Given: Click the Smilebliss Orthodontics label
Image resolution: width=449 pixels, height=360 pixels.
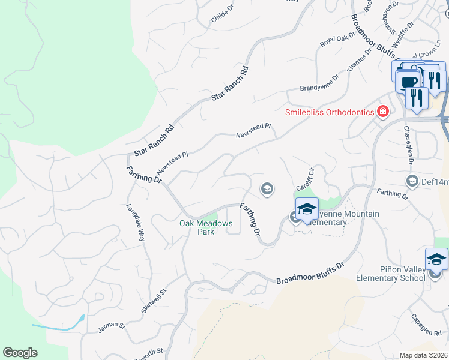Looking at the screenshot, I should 330,112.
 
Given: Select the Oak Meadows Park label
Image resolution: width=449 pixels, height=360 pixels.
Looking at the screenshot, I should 206,227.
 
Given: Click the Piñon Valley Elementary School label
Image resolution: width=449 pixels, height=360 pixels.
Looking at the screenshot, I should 391,274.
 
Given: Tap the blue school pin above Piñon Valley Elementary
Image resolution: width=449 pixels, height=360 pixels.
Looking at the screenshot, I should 436,260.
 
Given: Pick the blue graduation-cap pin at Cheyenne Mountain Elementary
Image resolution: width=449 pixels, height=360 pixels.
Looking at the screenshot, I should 306,209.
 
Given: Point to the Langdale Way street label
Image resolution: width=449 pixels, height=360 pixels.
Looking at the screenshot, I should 136,223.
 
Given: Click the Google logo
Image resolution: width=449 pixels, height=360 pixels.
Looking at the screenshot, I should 20,353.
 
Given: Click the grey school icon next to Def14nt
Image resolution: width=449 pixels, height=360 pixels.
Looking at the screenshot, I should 412,180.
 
